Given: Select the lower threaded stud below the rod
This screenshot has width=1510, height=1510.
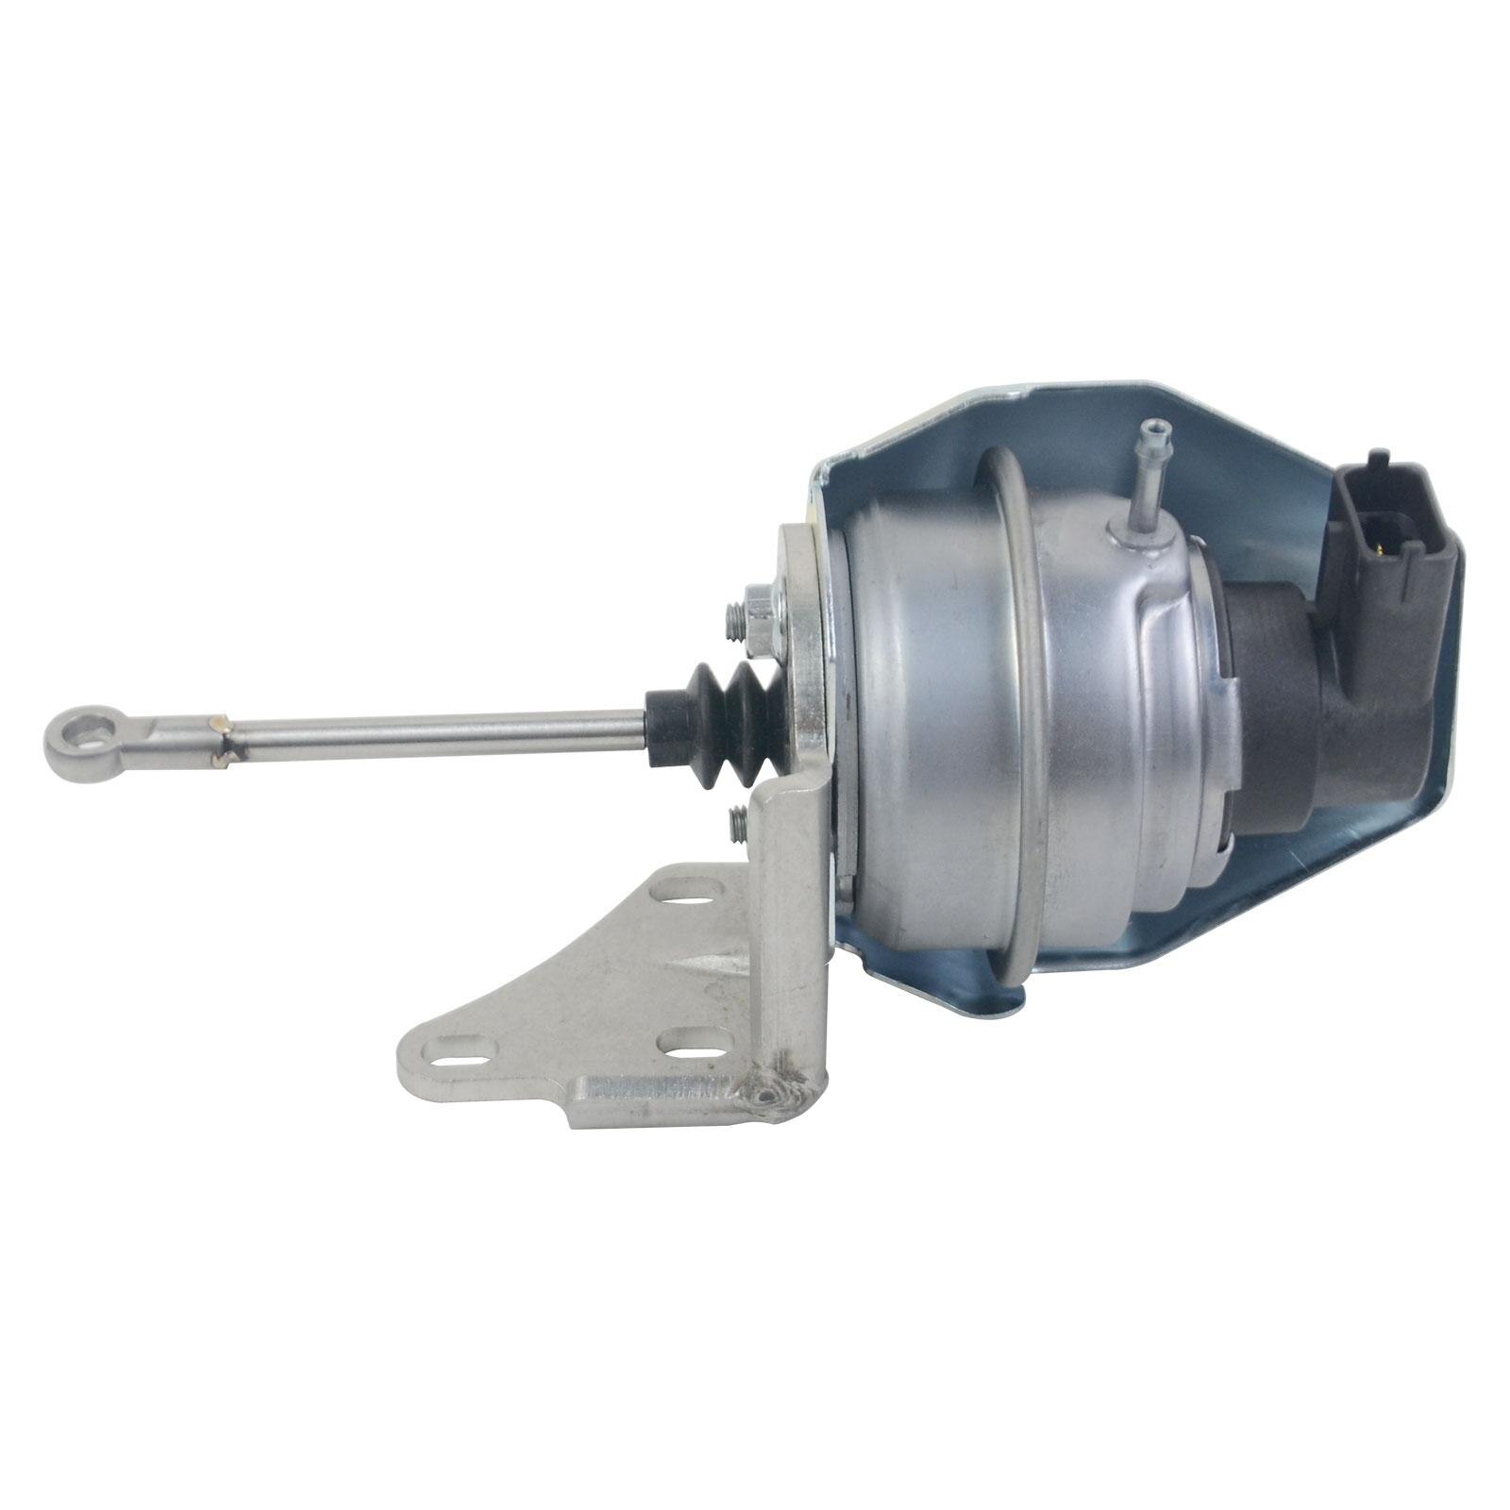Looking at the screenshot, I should click(x=739, y=823).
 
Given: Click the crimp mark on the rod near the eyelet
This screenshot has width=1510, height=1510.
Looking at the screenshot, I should click(x=223, y=737).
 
